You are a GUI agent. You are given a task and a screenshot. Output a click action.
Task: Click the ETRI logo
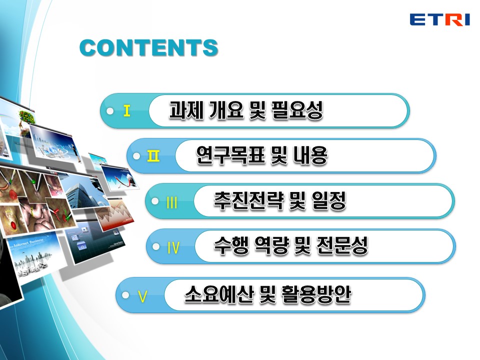(439, 19)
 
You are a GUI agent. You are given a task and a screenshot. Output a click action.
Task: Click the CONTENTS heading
(149, 48)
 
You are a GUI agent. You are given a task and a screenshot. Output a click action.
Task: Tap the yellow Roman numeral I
(126, 110)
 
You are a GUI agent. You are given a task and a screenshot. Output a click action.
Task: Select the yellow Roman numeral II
(153, 156)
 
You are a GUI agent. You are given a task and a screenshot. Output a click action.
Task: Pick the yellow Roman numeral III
(171, 202)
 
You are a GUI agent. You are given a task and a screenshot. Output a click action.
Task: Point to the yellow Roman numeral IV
(173, 247)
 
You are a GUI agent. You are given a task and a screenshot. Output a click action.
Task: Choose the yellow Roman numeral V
(142, 296)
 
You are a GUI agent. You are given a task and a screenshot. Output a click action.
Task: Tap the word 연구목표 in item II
(230, 155)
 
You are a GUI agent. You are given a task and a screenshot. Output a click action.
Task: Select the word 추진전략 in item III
(249, 200)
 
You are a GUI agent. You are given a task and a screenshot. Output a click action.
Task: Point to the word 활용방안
(316, 294)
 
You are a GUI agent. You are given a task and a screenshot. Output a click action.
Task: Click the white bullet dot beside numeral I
(110, 111)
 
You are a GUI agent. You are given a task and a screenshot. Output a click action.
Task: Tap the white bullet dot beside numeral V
(125, 295)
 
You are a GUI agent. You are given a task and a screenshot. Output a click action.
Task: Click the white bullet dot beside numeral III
(155, 201)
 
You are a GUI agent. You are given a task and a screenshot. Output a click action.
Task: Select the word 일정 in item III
(329, 200)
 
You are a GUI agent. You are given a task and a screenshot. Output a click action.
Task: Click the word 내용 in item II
(310, 155)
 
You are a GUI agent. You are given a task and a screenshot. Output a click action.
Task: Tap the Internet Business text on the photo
(28, 243)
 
